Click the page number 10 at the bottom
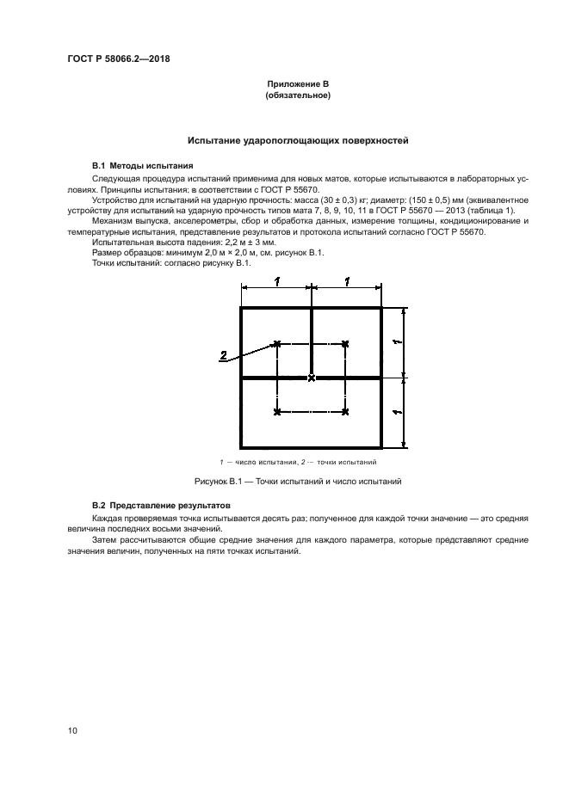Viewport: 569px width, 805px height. click(72, 731)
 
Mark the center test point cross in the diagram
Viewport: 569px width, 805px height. click(312, 378)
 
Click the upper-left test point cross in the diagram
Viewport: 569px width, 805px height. click(276, 343)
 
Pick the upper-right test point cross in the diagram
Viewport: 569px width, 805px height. click(345, 343)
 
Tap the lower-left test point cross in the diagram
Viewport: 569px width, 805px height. click(276, 413)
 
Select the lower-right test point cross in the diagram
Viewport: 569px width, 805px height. click(345, 413)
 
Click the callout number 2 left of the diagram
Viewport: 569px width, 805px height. click(224, 354)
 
